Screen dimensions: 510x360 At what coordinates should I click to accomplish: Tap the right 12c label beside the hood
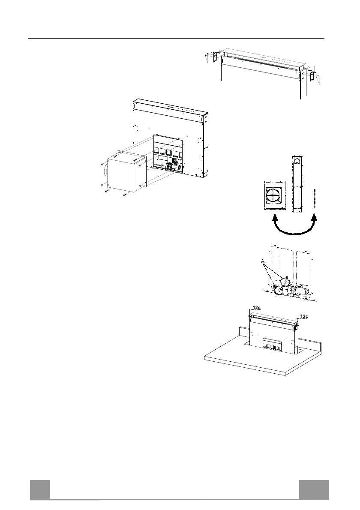click(x=304, y=316)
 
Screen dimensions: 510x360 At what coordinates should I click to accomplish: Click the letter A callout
click(x=263, y=261)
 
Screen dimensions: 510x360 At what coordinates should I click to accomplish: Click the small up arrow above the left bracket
click(x=219, y=50)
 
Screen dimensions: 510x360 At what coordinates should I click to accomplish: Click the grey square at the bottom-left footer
click(x=39, y=489)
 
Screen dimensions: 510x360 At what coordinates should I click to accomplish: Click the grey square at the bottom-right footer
click(x=314, y=489)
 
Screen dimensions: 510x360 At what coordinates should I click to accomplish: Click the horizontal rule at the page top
click(x=176, y=38)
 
